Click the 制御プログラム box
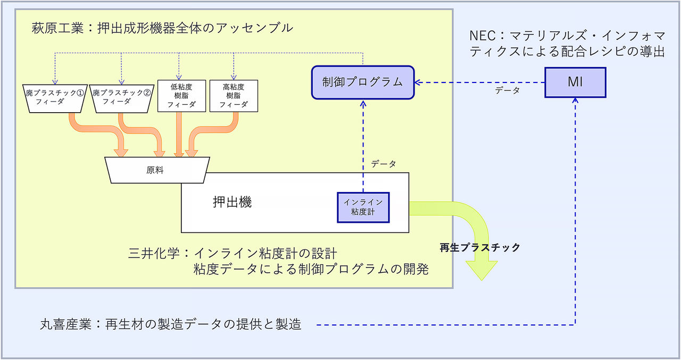tap(362, 82)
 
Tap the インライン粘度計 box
tap(363, 207)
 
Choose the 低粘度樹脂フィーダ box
tap(181, 96)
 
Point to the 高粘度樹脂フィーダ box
tap(234, 96)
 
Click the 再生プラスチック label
tap(479, 247)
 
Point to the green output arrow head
tap(481, 271)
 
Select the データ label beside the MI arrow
tap(507, 91)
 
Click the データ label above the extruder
tap(384, 164)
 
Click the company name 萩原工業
tap(55, 28)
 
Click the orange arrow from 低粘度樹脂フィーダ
tap(179, 136)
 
